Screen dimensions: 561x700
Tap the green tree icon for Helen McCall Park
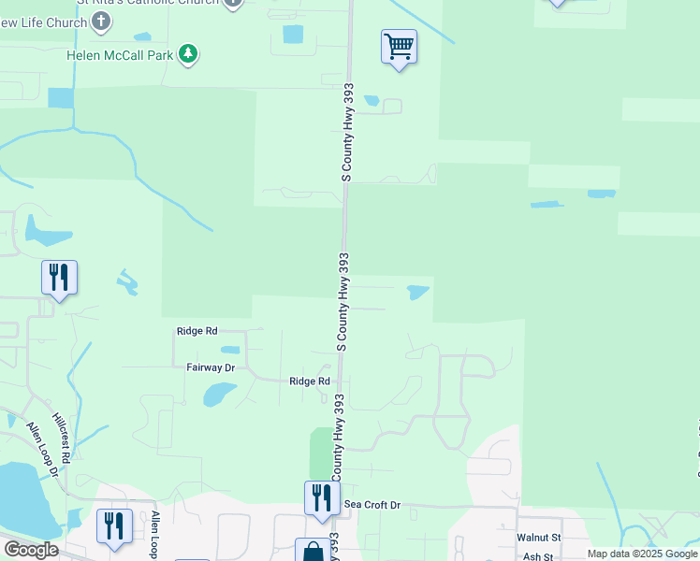(x=189, y=53)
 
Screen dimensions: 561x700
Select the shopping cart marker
(x=399, y=47)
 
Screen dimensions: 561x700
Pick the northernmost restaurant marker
(x=59, y=278)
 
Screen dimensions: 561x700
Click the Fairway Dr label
(x=210, y=368)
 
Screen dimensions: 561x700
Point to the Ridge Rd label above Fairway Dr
(x=197, y=331)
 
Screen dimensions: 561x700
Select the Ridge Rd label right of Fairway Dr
(x=310, y=381)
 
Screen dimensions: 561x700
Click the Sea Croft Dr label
(x=372, y=505)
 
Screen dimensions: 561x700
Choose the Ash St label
(x=539, y=556)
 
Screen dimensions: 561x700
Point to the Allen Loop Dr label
(x=42, y=451)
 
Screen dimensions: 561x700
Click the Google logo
(x=30, y=550)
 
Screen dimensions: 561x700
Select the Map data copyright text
(x=641, y=554)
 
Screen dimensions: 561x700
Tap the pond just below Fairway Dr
(x=219, y=394)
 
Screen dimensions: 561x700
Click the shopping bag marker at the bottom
(x=312, y=552)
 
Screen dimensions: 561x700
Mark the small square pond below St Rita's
(x=293, y=35)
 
